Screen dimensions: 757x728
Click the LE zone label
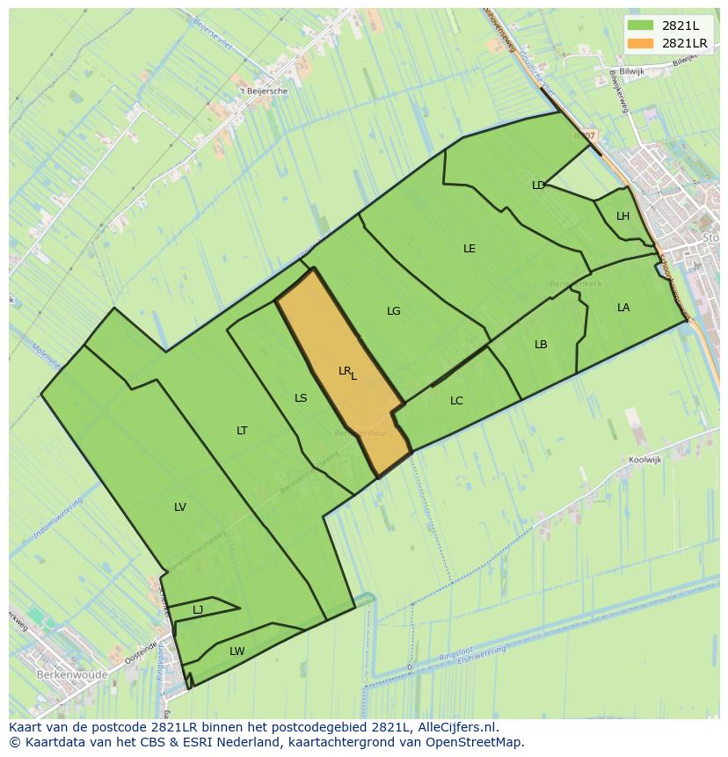pyautogui.click(x=470, y=249)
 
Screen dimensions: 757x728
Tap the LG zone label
pyautogui.click(x=394, y=311)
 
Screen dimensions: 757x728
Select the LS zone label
pyautogui.click(x=301, y=398)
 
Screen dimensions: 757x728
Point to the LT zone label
pyautogui.click(x=242, y=431)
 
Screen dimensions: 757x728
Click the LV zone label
pyautogui.click(x=180, y=507)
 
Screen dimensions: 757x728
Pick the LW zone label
pyautogui.click(x=237, y=651)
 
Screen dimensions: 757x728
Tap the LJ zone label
pyautogui.click(x=198, y=609)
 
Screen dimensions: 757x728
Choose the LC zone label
pyautogui.click(x=456, y=401)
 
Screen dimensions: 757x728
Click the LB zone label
pyautogui.click(x=541, y=345)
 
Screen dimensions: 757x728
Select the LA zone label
pyautogui.click(x=623, y=308)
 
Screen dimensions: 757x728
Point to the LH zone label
pyautogui.click(x=622, y=216)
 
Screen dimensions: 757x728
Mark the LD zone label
pyautogui.click(x=538, y=186)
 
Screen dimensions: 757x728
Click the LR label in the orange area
pyautogui.click(x=345, y=371)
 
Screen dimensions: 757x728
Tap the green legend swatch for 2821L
pyautogui.click(x=639, y=25)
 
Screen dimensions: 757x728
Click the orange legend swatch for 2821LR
pyautogui.click(x=639, y=43)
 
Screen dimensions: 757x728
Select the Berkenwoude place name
pyautogui.click(x=72, y=675)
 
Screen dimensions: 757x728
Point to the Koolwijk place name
pyautogui.click(x=644, y=460)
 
